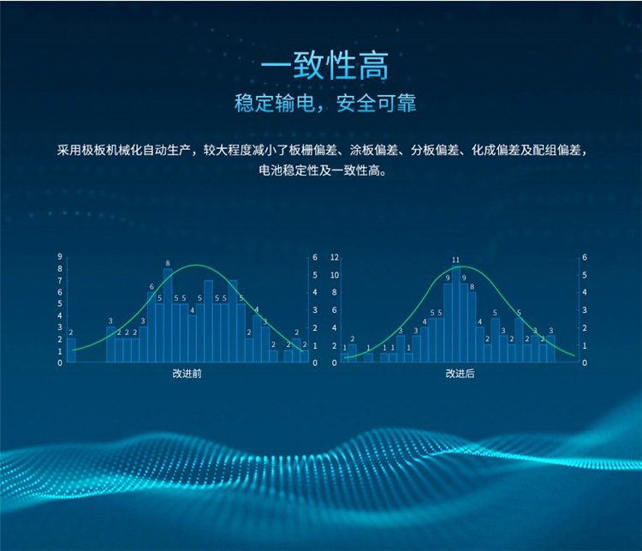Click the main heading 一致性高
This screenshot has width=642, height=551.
click(324, 67)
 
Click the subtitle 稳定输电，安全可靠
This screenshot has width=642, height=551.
click(325, 103)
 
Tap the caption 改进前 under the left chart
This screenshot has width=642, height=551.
click(187, 374)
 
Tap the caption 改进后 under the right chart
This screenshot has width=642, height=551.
click(460, 374)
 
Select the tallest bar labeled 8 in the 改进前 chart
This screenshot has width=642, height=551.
click(168, 315)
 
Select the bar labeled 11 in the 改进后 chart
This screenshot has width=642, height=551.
click(455, 314)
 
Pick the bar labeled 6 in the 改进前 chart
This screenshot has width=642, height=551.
click(152, 327)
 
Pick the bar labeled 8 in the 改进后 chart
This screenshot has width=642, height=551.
click(472, 327)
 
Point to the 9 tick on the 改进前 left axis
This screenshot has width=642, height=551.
click(60, 257)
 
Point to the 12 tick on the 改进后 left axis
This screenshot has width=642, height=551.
click(335, 257)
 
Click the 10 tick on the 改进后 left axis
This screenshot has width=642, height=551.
click(335, 275)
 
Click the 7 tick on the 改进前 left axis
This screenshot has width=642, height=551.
click(60, 280)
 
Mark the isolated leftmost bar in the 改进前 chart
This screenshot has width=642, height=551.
click(71, 350)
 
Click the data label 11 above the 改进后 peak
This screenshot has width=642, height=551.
click(455, 260)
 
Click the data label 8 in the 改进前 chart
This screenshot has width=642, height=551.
click(168, 263)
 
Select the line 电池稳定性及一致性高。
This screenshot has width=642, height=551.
click(323, 171)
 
